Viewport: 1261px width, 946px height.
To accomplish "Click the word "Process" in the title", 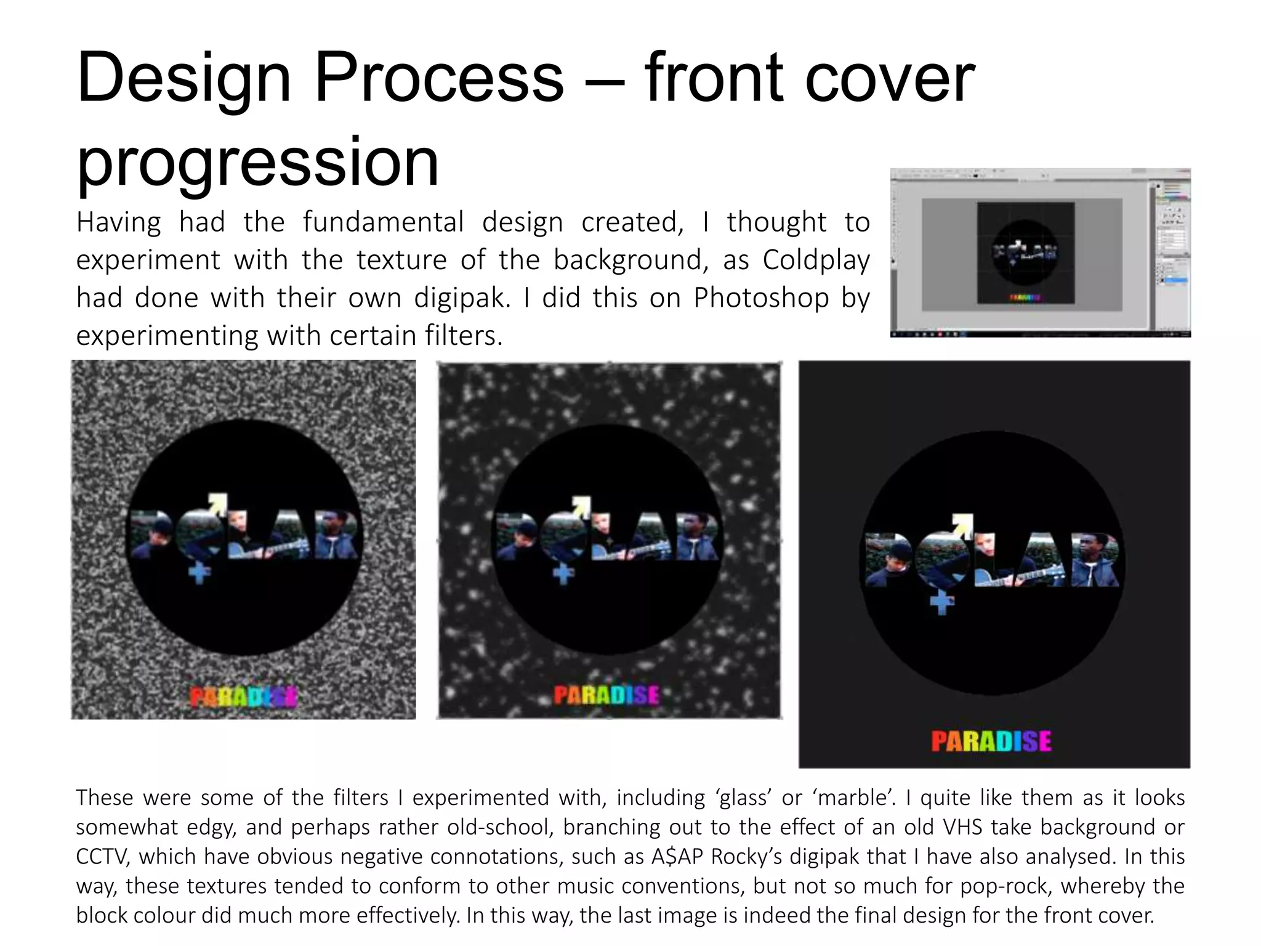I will pos(438,78).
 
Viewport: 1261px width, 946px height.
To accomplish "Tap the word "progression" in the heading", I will pos(257,161).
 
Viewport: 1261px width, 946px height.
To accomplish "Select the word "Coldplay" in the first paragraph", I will pos(816,260).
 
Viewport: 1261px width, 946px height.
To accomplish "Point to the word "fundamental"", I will pos(383,222).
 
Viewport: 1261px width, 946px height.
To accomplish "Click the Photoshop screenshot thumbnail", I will pos(1040,253).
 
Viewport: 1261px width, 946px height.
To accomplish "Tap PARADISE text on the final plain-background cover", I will pos(991,742).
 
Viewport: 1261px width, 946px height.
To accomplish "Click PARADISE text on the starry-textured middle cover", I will pos(606,696).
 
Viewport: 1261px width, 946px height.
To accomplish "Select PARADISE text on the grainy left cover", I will pos(243,698).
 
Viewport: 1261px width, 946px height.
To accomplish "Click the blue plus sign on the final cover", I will pos(941,603).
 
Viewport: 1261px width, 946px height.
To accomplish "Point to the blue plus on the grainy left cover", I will pos(199,573).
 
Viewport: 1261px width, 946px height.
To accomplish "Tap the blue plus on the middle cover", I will pos(563,574).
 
